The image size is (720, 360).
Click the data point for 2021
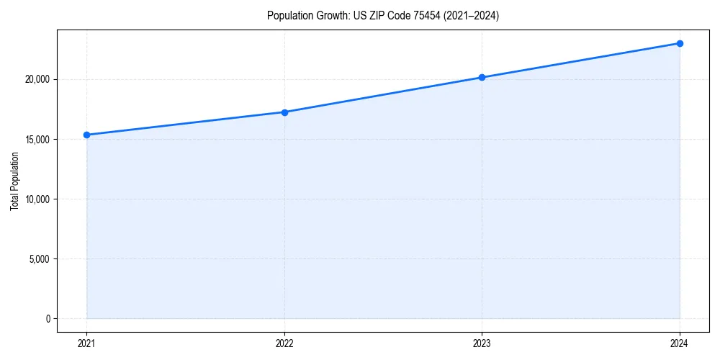86,135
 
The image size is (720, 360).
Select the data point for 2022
284,112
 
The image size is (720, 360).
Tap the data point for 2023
482,77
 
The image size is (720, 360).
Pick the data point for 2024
680,43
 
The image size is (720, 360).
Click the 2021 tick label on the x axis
86,343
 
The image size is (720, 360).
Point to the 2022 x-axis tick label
284,343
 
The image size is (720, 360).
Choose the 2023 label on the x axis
482,343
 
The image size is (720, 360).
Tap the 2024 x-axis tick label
680,343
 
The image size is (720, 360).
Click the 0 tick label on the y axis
48,318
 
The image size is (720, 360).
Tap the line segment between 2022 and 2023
383,95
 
